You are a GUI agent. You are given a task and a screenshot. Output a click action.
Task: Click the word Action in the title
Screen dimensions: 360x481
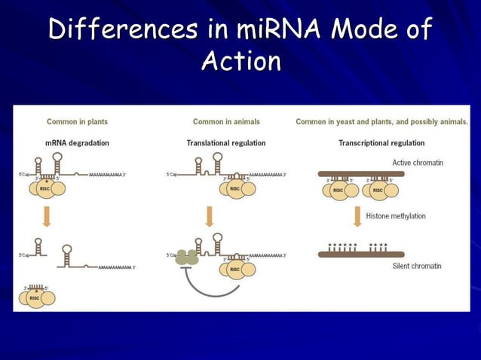(241, 62)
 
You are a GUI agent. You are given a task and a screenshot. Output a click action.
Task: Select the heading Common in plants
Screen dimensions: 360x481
(77, 121)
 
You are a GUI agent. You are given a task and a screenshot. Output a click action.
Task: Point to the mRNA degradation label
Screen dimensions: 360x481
(77, 142)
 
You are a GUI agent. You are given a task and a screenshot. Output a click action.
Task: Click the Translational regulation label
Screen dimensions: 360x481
(225, 142)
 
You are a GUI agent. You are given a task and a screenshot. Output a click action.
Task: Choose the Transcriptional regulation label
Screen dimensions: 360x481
(381, 142)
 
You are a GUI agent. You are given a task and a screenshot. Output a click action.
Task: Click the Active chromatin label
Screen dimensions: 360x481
(418, 163)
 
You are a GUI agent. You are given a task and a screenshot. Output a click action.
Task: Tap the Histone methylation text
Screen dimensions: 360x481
(396, 216)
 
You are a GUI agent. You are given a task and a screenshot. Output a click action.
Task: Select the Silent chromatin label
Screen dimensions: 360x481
(417, 266)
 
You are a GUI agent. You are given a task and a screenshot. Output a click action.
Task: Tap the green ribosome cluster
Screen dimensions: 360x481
(186, 258)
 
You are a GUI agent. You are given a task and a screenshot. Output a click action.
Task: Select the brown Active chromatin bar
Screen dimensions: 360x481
(361, 173)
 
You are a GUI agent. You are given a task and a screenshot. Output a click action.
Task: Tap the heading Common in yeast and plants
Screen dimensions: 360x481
(381, 121)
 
